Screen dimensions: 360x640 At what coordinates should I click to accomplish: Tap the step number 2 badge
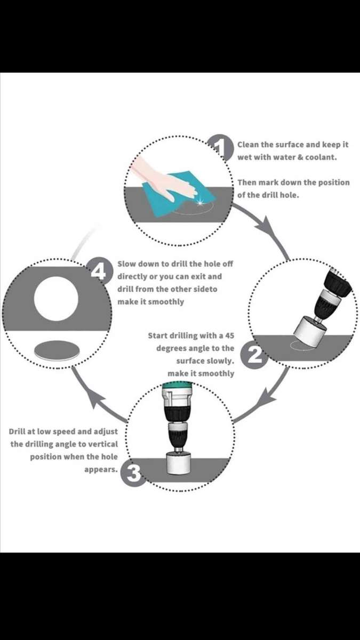click(254, 355)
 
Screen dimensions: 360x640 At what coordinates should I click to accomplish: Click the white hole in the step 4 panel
click(56, 299)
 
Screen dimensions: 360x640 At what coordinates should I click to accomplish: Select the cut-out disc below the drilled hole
click(57, 350)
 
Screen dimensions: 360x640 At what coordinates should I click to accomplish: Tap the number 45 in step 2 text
click(229, 335)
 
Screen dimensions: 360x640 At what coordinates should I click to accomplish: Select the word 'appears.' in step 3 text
click(101, 470)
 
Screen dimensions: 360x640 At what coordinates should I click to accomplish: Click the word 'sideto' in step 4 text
click(205, 289)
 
